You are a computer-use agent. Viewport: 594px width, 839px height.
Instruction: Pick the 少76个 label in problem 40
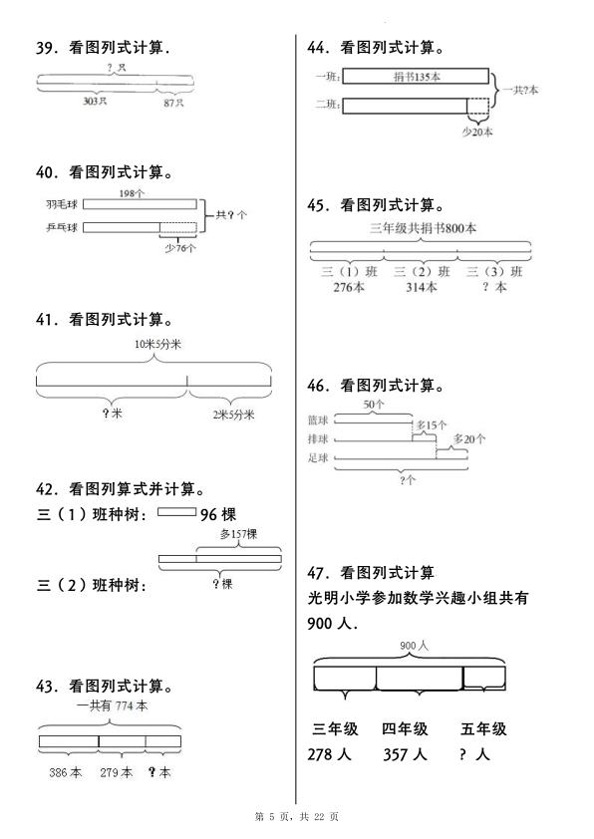[x=179, y=248]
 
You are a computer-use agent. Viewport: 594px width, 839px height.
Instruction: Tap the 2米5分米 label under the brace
[x=233, y=415]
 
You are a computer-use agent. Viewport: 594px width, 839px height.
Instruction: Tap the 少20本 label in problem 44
[x=477, y=130]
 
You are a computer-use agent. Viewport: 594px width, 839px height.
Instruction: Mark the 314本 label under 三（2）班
[x=421, y=288]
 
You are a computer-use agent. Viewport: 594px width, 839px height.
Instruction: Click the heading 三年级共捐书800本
[x=423, y=227]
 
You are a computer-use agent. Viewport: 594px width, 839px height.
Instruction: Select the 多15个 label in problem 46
[x=433, y=425]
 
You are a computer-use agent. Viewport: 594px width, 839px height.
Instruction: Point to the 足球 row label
[x=319, y=458]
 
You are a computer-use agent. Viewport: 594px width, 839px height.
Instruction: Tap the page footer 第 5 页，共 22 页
[x=296, y=817]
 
